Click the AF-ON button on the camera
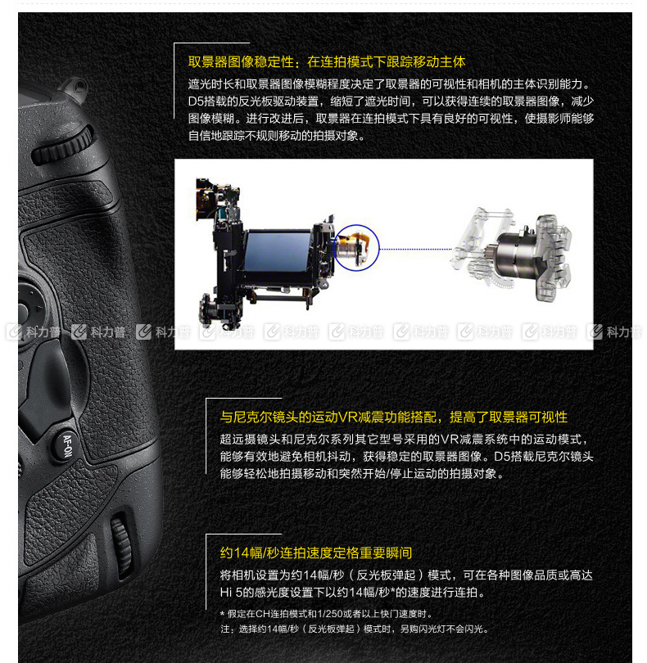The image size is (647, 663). [x=66, y=445]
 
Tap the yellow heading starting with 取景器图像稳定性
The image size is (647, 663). [x=327, y=62]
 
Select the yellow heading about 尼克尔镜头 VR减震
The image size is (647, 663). [x=394, y=417]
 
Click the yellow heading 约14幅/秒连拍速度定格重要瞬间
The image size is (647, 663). [x=315, y=552]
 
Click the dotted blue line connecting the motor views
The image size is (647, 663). [x=415, y=249]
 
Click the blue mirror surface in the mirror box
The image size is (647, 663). [x=278, y=252]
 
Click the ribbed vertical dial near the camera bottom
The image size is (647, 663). [x=121, y=544]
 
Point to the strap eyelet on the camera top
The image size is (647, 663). [x=76, y=88]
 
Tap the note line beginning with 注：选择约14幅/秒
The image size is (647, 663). [x=355, y=629]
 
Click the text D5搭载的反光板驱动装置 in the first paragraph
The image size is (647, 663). [x=253, y=101]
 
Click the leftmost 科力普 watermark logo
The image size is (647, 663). [x=33, y=332]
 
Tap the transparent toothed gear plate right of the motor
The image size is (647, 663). [x=554, y=257]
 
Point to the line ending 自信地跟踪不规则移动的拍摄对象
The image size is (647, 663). [x=276, y=136]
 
